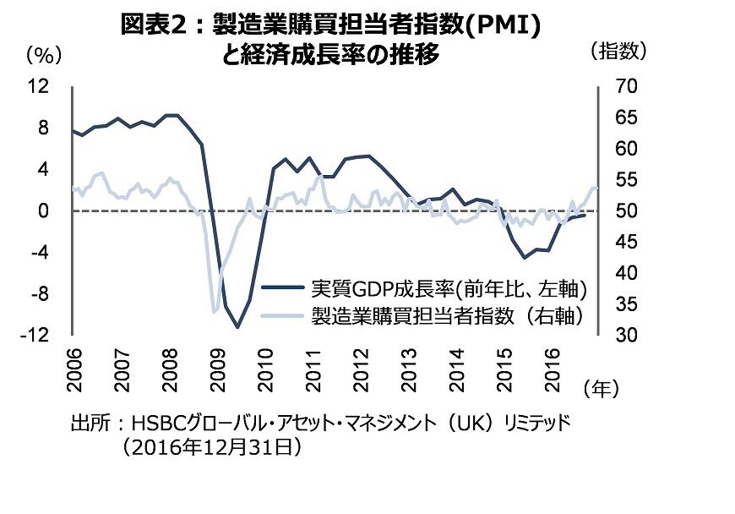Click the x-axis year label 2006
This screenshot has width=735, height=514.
73,364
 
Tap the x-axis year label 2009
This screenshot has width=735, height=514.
217,364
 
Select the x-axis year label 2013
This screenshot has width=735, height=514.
409,364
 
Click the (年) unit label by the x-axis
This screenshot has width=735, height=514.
602,388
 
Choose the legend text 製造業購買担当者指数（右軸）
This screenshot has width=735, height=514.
449,316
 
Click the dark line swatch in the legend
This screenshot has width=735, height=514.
283,289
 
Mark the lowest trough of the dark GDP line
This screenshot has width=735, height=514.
238,327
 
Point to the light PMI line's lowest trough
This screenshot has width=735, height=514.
214,313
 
